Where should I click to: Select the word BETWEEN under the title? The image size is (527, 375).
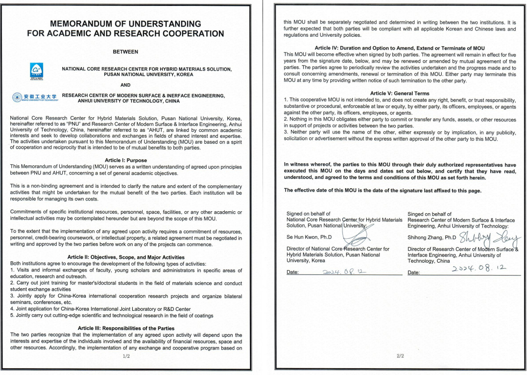(125, 51)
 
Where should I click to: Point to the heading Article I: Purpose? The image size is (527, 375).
(125, 160)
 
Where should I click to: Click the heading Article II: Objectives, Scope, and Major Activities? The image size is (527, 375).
(125, 257)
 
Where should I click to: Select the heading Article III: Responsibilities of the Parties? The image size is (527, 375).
(125, 328)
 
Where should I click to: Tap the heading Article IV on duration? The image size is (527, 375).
(400, 48)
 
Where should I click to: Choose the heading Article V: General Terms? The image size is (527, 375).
(400, 93)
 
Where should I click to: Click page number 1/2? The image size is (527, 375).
(126, 356)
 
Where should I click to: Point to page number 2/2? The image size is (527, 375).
(400, 356)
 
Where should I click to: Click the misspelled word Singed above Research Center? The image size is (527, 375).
(416, 214)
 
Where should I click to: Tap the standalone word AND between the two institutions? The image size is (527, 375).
(126, 84)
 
